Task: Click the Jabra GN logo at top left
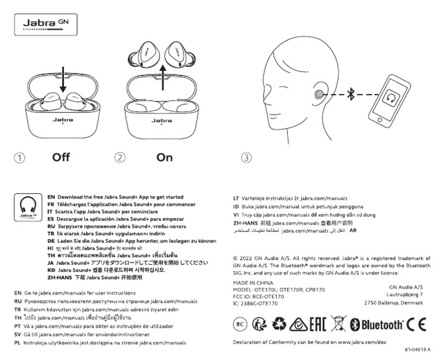point(44,25)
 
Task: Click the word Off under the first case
point(61,157)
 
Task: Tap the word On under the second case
point(164,157)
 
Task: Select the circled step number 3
point(247,157)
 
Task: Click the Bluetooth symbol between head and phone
point(350,95)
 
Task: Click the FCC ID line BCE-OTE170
point(258,297)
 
